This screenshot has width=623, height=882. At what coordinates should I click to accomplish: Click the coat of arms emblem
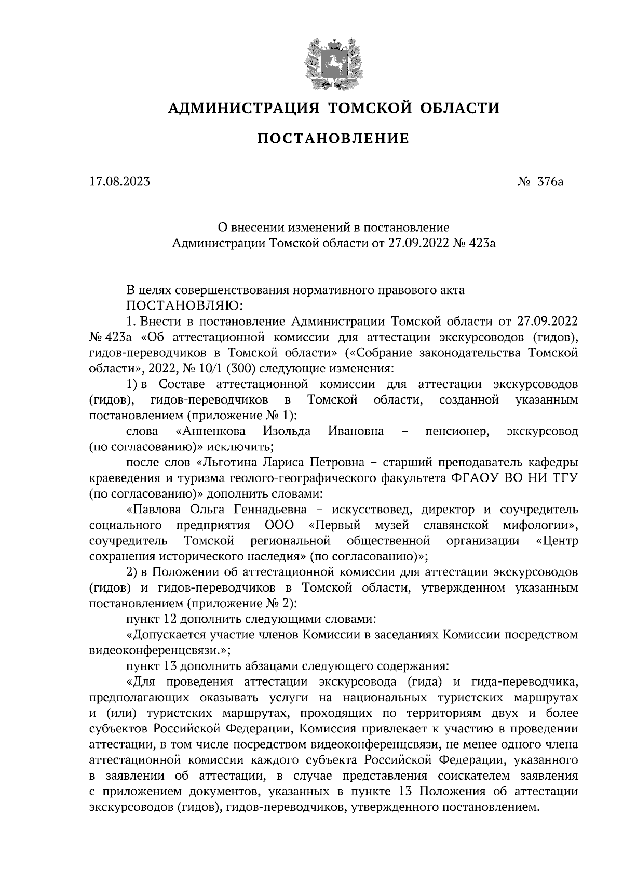[333, 63]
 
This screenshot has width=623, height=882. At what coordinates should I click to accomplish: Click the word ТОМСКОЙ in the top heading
[371, 108]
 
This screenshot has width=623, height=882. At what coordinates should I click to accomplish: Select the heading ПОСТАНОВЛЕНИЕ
[334, 139]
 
